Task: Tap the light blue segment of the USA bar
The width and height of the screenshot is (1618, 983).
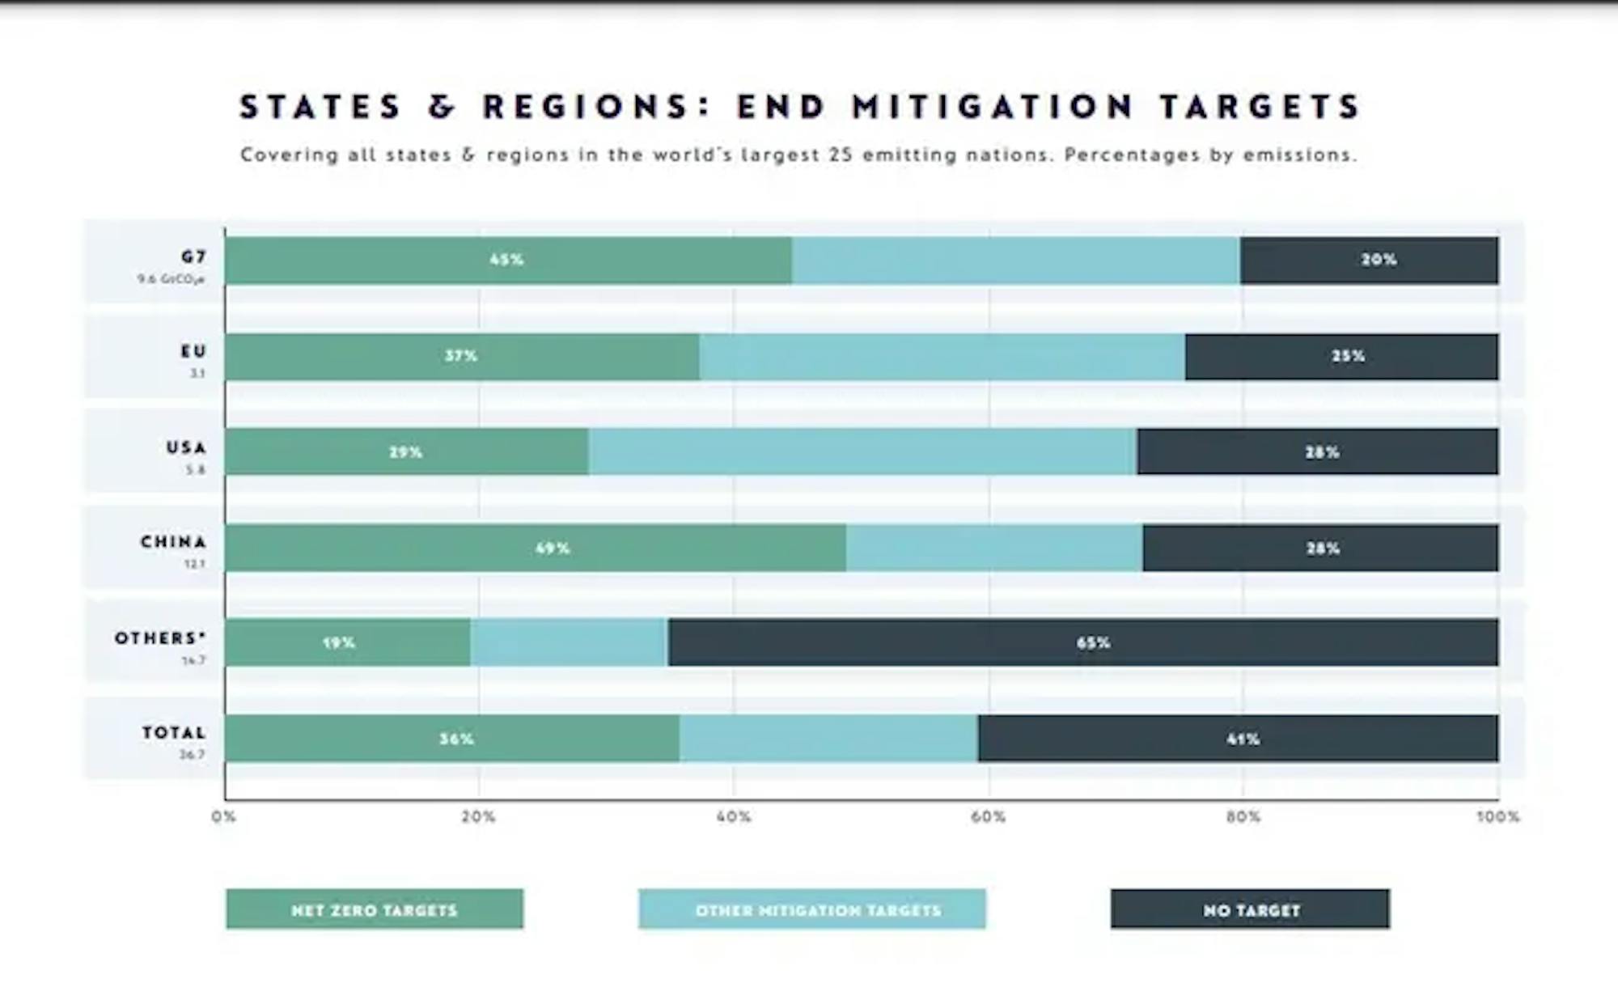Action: [x=862, y=451]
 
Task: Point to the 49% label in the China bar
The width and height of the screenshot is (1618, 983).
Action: [x=553, y=549]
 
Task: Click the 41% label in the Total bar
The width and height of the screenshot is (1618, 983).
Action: [x=1243, y=739]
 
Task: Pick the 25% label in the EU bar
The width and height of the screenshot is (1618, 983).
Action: [x=1348, y=356]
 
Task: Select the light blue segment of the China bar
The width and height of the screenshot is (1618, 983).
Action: [x=994, y=548]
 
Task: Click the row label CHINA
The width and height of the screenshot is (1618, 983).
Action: [x=173, y=541]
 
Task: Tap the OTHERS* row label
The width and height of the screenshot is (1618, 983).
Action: [x=160, y=638]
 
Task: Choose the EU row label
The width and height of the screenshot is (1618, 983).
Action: [x=193, y=351]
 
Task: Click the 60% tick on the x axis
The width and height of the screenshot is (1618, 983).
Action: [x=988, y=817]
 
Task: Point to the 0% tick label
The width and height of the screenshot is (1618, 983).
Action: [x=224, y=817]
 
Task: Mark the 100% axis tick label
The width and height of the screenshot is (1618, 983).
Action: [x=1497, y=817]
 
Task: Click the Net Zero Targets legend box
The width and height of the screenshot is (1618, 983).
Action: [x=375, y=909]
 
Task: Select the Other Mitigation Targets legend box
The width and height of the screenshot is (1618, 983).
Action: [x=811, y=909]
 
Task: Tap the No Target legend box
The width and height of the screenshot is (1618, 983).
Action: [x=1250, y=909]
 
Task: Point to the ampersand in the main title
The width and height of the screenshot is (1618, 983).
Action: [x=442, y=107]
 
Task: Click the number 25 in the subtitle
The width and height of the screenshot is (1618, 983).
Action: [x=841, y=155]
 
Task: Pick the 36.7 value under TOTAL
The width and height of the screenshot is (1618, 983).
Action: [x=193, y=755]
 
